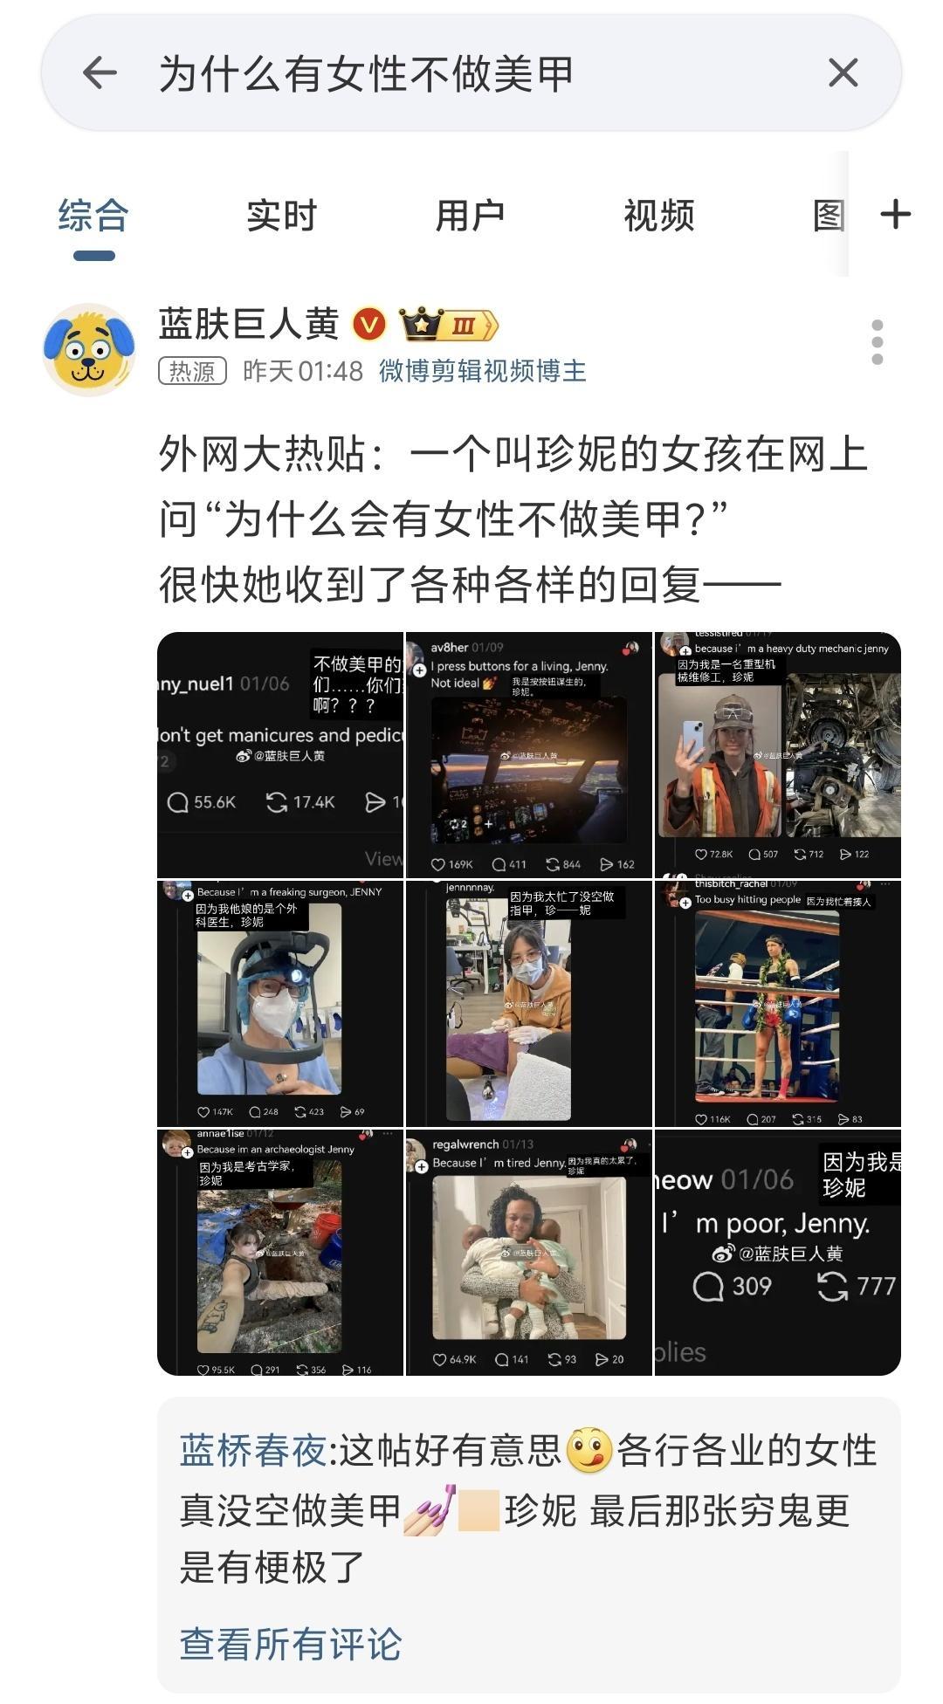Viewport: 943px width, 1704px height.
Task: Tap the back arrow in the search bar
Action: click(x=100, y=72)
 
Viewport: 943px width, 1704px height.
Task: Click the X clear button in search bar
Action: click(x=843, y=72)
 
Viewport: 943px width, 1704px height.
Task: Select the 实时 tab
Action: click(x=281, y=216)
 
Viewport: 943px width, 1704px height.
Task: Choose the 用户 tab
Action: click(x=470, y=216)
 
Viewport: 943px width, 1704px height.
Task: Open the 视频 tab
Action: click(x=658, y=216)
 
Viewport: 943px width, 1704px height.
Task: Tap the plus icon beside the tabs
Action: click(x=896, y=215)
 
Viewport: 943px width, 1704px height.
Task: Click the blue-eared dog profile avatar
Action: click(x=89, y=349)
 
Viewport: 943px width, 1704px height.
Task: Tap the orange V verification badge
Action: click(x=369, y=325)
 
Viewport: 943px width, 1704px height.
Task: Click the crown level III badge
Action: click(x=448, y=325)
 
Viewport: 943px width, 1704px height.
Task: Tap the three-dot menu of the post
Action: click(x=877, y=342)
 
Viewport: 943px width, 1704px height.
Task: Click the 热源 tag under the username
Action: click(x=192, y=371)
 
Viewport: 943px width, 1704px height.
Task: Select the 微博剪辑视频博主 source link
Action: click(x=482, y=371)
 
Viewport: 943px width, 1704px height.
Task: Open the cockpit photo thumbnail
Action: click(x=529, y=768)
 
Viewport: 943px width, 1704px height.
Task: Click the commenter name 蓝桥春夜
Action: click(x=252, y=1451)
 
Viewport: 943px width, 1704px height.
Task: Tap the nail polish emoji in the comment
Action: click(x=430, y=1509)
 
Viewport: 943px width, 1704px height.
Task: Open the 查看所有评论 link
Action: click(x=290, y=1644)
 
